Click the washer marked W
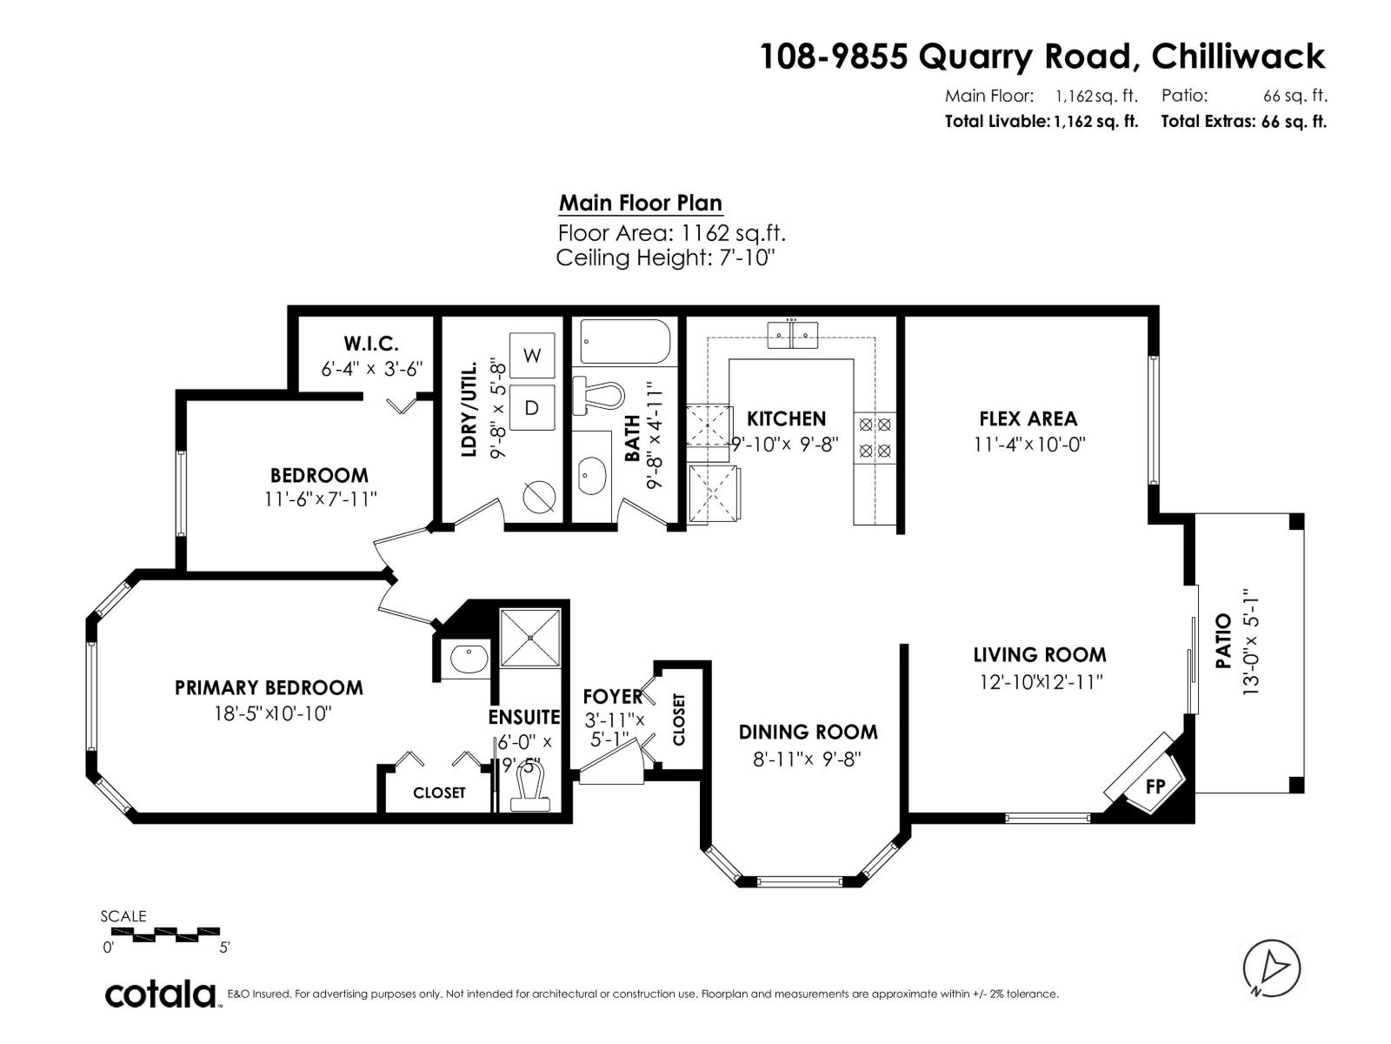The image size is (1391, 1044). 532,355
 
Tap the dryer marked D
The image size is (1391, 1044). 532,406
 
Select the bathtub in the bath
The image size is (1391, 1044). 625,342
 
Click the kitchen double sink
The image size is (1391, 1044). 792,334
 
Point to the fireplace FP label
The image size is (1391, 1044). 1155,786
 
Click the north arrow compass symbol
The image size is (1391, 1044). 1272,967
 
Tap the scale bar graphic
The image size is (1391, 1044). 165,934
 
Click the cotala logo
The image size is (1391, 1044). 161,994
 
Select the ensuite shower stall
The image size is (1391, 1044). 530,638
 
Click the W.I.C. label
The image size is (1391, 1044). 371,344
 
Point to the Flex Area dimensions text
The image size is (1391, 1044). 1029,445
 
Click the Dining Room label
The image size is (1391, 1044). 808,732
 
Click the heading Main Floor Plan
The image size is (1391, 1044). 640,204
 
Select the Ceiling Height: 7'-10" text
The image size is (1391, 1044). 665,258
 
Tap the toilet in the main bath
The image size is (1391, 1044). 599,397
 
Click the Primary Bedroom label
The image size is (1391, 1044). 269,687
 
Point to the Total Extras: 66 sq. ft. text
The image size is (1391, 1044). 1243,122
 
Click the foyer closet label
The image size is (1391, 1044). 679,719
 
